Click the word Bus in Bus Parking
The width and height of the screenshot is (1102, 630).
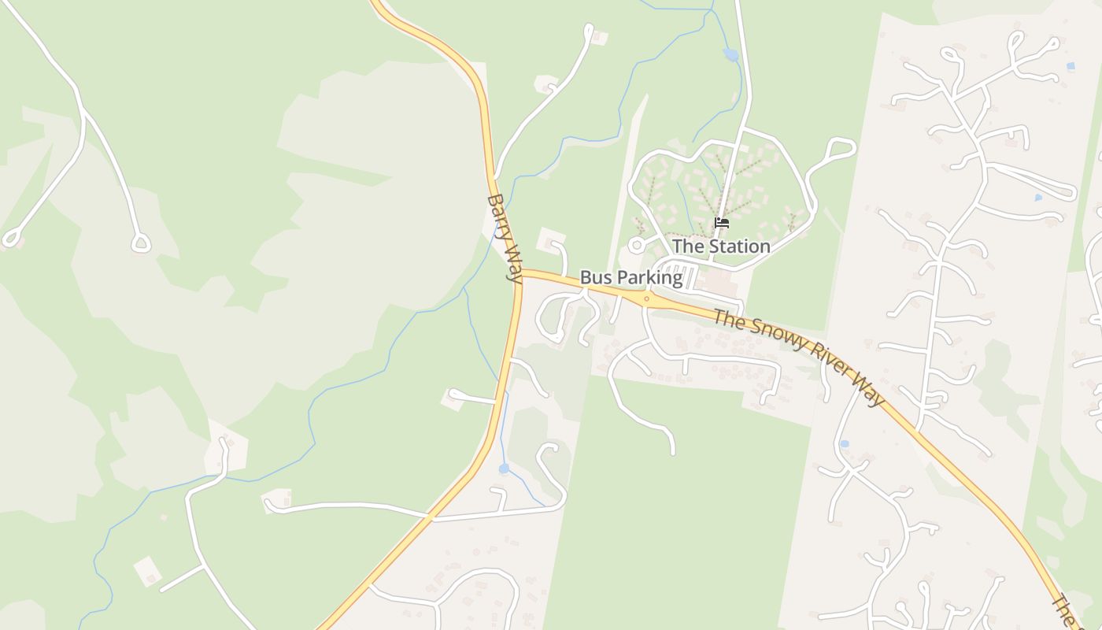click(x=594, y=278)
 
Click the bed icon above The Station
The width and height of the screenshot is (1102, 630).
click(x=721, y=223)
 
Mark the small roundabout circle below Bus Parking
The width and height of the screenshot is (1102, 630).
click(x=646, y=298)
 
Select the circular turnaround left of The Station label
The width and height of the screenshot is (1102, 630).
click(x=636, y=246)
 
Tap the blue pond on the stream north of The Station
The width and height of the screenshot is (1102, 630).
click(x=731, y=54)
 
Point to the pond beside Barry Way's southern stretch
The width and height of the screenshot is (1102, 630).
click(x=504, y=469)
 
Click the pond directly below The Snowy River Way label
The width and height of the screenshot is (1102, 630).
click(x=844, y=444)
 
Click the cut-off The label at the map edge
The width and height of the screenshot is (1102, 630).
click(x=1065, y=611)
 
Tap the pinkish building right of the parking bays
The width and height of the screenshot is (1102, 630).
click(x=719, y=281)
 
